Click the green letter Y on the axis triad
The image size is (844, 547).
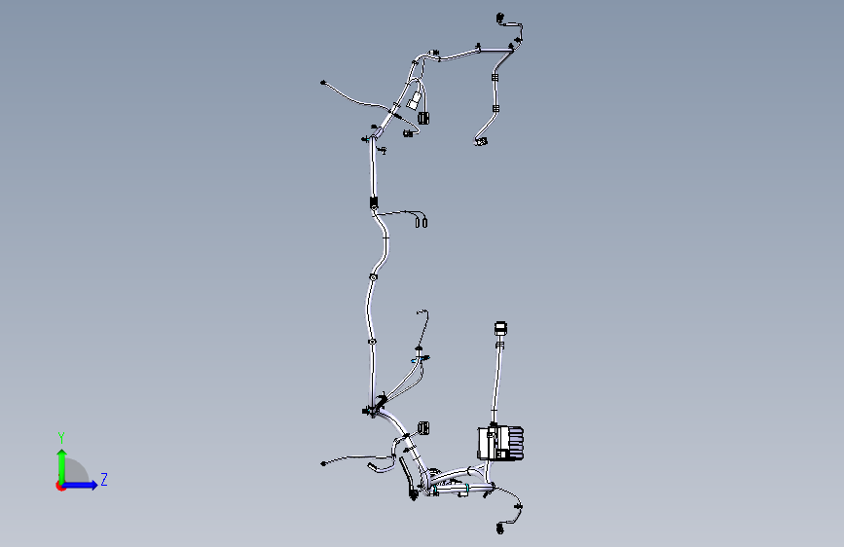[x=61, y=438]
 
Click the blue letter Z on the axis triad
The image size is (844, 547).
[x=104, y=479]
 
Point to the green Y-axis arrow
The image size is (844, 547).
[x=62, y=467]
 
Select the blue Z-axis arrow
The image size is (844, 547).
[x=80, y=485]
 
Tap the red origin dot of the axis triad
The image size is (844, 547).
[x=60, y=486]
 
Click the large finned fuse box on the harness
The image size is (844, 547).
[x=500, y=443]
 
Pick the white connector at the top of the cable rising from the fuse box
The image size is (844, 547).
[x=500, y=328]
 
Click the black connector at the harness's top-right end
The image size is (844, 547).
[x=500, y=18]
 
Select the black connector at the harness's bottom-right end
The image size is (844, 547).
[x=500, y=529]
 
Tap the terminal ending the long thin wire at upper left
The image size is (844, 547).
[x=323, y=83]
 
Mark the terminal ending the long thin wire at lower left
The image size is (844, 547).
[x=323, y=463]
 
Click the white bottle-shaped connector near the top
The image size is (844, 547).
[x=414, y=100]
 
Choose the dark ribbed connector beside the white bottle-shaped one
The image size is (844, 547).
[x=424, y=118]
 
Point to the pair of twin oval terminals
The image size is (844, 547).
[x=421, y=221]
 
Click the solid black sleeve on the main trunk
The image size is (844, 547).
[x=374, y=202]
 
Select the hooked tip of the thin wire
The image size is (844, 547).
[x=422, y=311]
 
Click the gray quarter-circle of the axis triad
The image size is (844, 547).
[x=75, y=470]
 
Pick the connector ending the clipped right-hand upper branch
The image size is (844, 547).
[x=481, y=141]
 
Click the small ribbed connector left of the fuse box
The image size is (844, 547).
[x=423, y=427]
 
